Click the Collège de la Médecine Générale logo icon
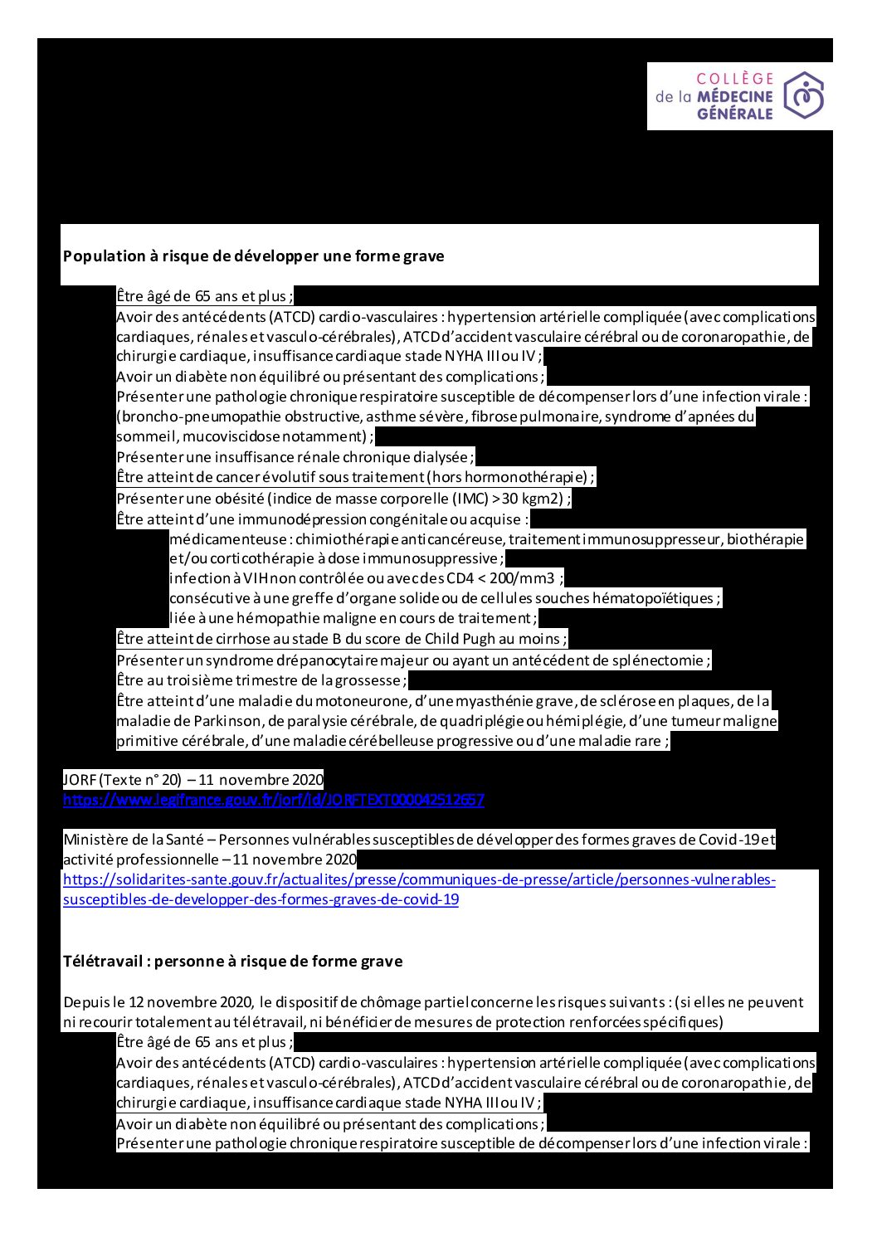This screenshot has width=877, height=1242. click(803, 95)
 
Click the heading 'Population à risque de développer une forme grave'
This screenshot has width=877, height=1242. click(253, 256)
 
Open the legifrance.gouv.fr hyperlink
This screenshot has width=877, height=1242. click(274, 800)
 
